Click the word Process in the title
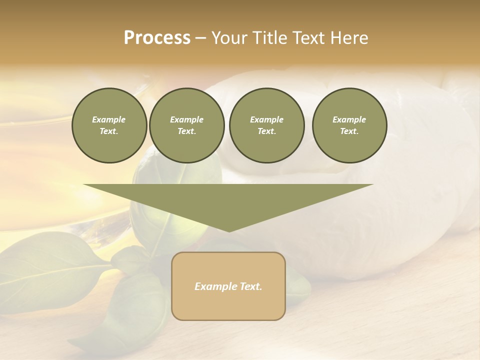(x=157, y=38)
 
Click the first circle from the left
(x=109, y=125)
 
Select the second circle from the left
(x=186, y=125)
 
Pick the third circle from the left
(x=266, y=125)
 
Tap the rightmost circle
(x=349, y=125)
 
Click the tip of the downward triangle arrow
(x=229, y=230)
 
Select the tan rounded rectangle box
(x=228, y=286)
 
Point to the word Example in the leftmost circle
(x=109, y=119)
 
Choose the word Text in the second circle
(x=186, y=131)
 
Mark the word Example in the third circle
(x=266, y=119)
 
